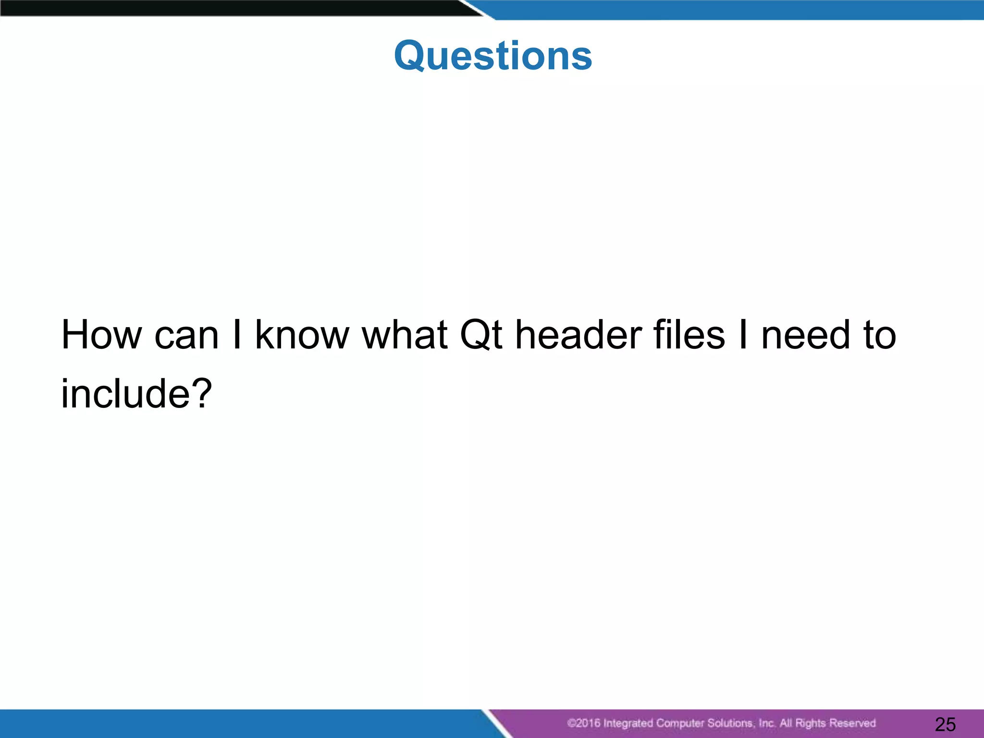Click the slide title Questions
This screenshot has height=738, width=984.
pyautogui.click(x=493, y=56)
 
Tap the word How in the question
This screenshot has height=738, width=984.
pyautogui.click(x=101, y=335)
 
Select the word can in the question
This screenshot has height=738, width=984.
pyautogui.click(x=186, y=335)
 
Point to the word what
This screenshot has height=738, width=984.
pyautogui.click(x=405, y=335)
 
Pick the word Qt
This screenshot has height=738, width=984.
pyautogui.click(x=481, y=335)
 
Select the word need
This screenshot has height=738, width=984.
pyautogui.click(x=806, y=335)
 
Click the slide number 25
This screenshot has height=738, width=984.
pyautogui.click(x=945, y=724)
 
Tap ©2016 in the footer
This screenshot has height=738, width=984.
pyautogui.click(x=583, y=723)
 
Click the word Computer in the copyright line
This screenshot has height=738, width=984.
pyautogui.click(x=680, y=723)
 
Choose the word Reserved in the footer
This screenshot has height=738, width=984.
pyautogui.click(x=852, y=723)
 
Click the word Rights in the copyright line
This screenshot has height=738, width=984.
pyautogui.click(x=811, y=723)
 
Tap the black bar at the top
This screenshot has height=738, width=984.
pyautogui.click(x=231, y=8)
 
